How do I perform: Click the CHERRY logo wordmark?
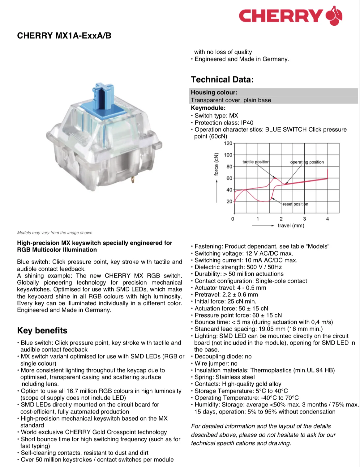[x=280, y=16]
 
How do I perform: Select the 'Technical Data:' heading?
[x=222, y=80]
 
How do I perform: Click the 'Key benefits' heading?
[x=42, y=330]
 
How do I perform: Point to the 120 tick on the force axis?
[x=228, y=143]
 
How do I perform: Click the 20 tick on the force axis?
[x=229, y=202]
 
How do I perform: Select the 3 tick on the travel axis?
[x=304, y=219]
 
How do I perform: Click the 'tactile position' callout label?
[x=256, y=162]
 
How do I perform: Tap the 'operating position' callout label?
[x=307, y=162]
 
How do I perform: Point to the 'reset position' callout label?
[x=295, y=204]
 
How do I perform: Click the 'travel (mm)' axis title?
[x=291, y=226]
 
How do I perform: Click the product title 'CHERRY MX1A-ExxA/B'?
[x=64, y=36]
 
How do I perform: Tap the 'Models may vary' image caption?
[x=55, y=233]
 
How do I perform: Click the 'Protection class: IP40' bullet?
[x=224, y=123]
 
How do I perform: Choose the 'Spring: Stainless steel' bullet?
[x=225, y=377]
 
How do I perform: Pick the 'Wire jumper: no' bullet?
[x=216, y=363]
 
